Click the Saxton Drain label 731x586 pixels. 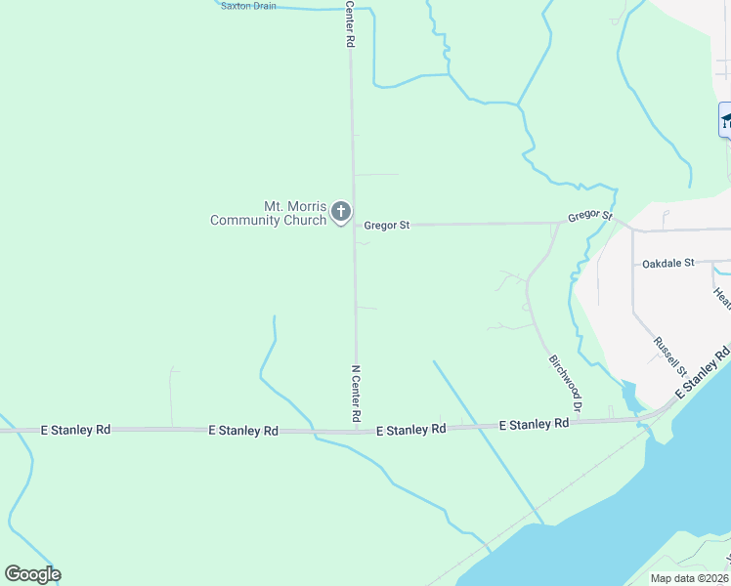click(248, 6)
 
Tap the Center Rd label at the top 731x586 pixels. click(349, 24)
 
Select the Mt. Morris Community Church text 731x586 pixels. click(268, 213)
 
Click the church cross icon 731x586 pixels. click(340, 211)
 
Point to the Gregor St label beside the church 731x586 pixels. click(386, 226)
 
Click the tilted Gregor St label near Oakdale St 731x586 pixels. click(591, 215)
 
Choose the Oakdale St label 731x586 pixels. click(667, 264)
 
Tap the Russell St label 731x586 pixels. click(669, 356)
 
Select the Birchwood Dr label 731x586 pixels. click(566, 382)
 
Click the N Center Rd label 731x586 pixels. click(356, 395)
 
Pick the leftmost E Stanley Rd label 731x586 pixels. click(76, 430)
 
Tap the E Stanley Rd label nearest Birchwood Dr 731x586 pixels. click(534, 425)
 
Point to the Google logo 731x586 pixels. click(32, 574)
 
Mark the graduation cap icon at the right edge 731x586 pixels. click(726, 120)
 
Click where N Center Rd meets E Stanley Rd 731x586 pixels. click(356, 428)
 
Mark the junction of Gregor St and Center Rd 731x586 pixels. click(354, 226)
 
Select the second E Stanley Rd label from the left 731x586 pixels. click(243, 431)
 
